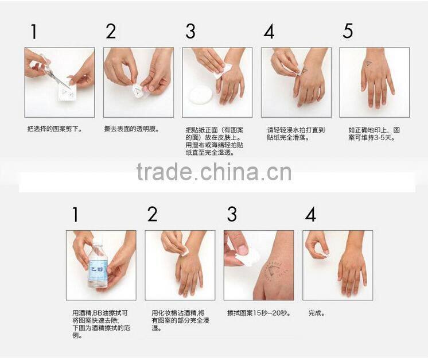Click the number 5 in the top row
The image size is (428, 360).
pyautogui.click(x=348, y=32)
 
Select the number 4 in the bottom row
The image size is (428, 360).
pyautogui.click(x=310, y=215)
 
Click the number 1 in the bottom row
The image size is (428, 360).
pyautogui.click(x=75, y=215)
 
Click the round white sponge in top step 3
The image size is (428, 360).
pyautogui.click(x=201, y=94)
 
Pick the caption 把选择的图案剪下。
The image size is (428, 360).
pyautogui.click(x=55, y=130)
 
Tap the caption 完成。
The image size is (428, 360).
pyautogui.click(x=317, y=313)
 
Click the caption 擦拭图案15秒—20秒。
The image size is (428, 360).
pyautogui.click(x=258, y=313)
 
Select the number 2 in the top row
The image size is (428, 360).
pyautogui.click(x=111, y=32)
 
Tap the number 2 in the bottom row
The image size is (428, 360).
pyautogui.click(x=152, y=215)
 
